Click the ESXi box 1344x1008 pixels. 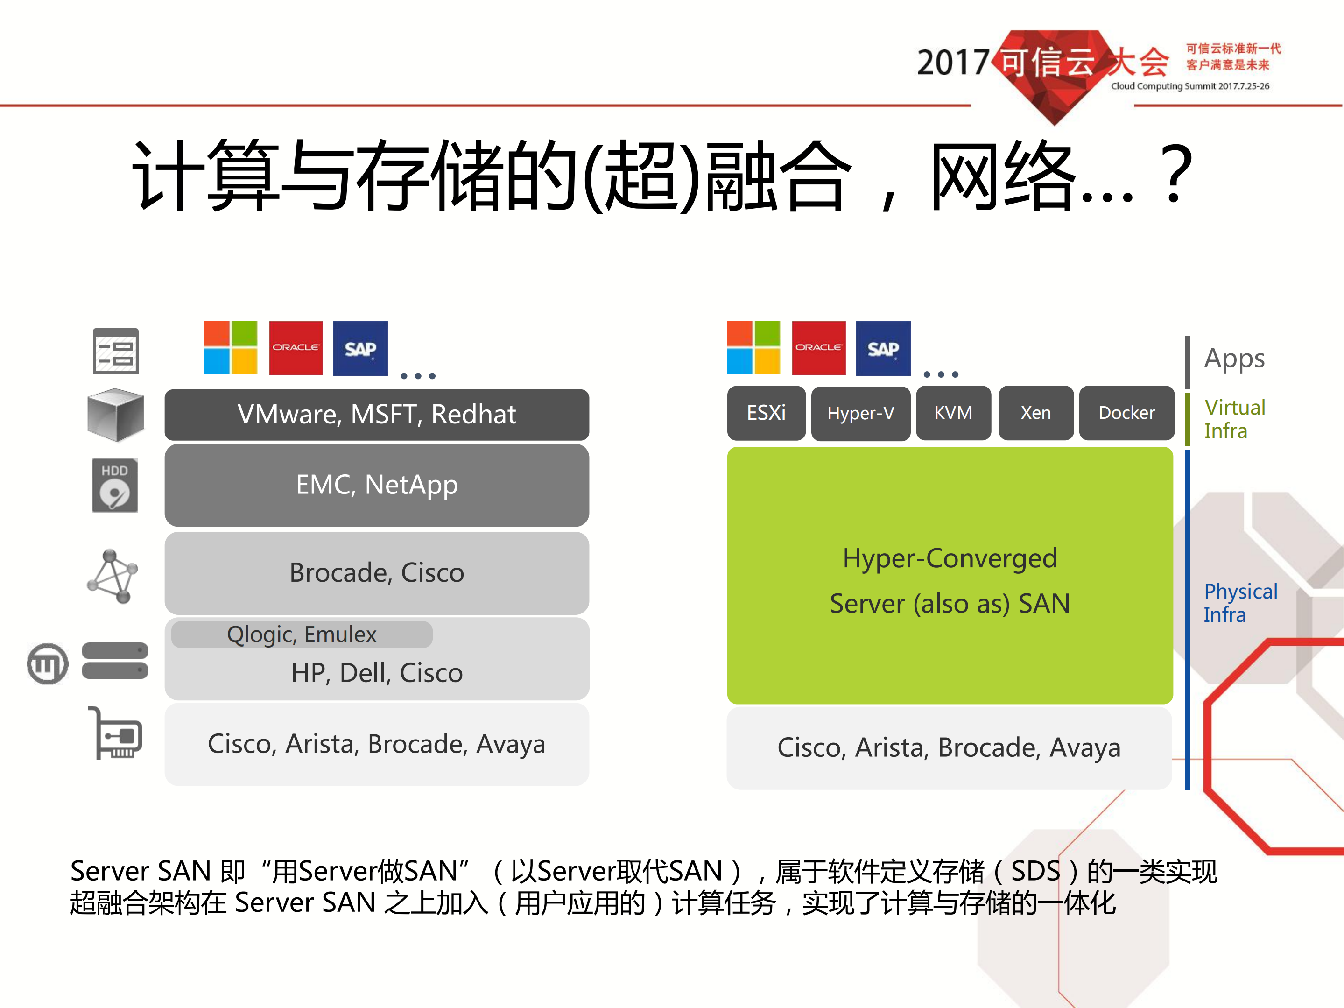pos(766,413)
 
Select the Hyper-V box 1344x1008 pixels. pos(860,414)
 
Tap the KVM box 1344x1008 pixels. pos(953,413)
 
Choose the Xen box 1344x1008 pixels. pos(1035,413)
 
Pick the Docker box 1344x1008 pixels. pos(1126,413)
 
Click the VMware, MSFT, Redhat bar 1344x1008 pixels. pos(377,415)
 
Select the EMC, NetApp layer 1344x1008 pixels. pos(377,485)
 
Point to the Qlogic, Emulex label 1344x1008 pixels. pos(302,634)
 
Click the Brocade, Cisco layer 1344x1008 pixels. pos(377,573)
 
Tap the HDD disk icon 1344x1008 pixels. pos(115,486)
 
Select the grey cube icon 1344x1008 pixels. pos(115,415)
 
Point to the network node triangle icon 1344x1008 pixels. pos(113,576)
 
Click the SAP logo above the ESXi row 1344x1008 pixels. pos(883,349)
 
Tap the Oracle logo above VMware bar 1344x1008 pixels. pos(296,348)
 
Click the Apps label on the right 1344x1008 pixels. pos(1234,359)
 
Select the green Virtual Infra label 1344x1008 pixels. pos(1234,419)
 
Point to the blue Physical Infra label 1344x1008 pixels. pos(1239,603)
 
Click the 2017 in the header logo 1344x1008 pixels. pos(952,63)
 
